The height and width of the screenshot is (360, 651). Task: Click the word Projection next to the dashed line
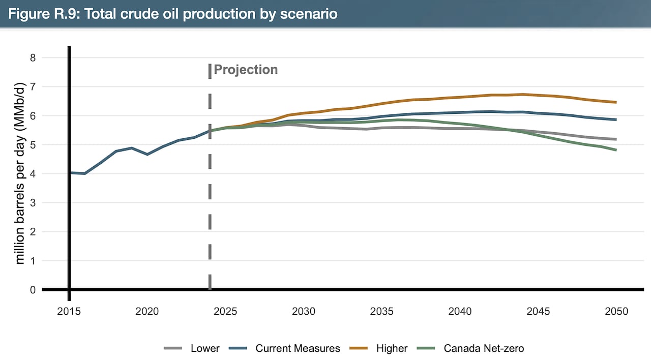click(x=246, y=70)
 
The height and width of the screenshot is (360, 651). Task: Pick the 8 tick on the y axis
click(x=33, y=58)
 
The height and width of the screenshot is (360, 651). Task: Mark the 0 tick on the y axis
click(x=33, y=290)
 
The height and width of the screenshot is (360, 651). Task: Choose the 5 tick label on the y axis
click(x=33, y=145)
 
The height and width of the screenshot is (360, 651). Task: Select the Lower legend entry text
click(x=205, y=348)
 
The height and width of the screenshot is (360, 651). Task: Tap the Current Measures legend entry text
click(x=298, y=348)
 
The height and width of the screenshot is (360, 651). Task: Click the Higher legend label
click(x=392, y=348)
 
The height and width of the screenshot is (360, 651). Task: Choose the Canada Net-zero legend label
click(x=484, y=348)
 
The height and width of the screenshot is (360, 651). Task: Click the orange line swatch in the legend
click(x=360, y=348)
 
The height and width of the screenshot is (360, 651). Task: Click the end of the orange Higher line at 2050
click(x=616, y=102)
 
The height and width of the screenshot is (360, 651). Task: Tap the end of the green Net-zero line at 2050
click(x=616, y=150)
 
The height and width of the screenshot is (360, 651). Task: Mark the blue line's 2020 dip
click(x=147, y=154)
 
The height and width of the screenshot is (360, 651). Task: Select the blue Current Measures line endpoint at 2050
click(x=616, y=119)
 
